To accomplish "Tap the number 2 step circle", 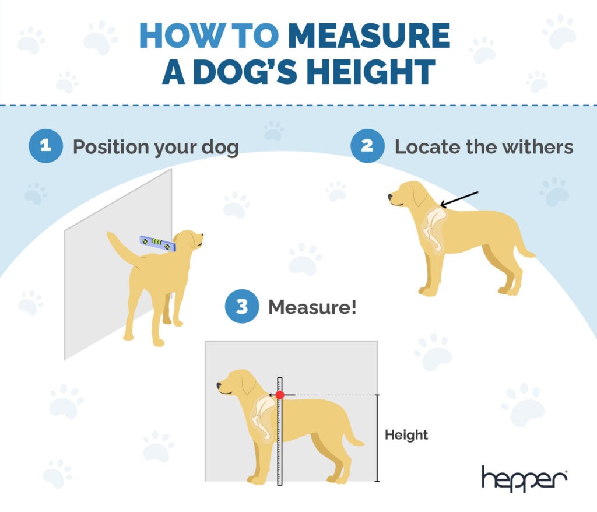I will (367, 146).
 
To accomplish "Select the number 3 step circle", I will (242, 306).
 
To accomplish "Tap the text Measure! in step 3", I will (312, 307).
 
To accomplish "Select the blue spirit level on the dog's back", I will (157, 243).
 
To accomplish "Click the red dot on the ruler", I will (280, 395).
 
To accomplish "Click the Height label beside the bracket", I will (406, 435).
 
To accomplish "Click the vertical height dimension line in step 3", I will (377, 437).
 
